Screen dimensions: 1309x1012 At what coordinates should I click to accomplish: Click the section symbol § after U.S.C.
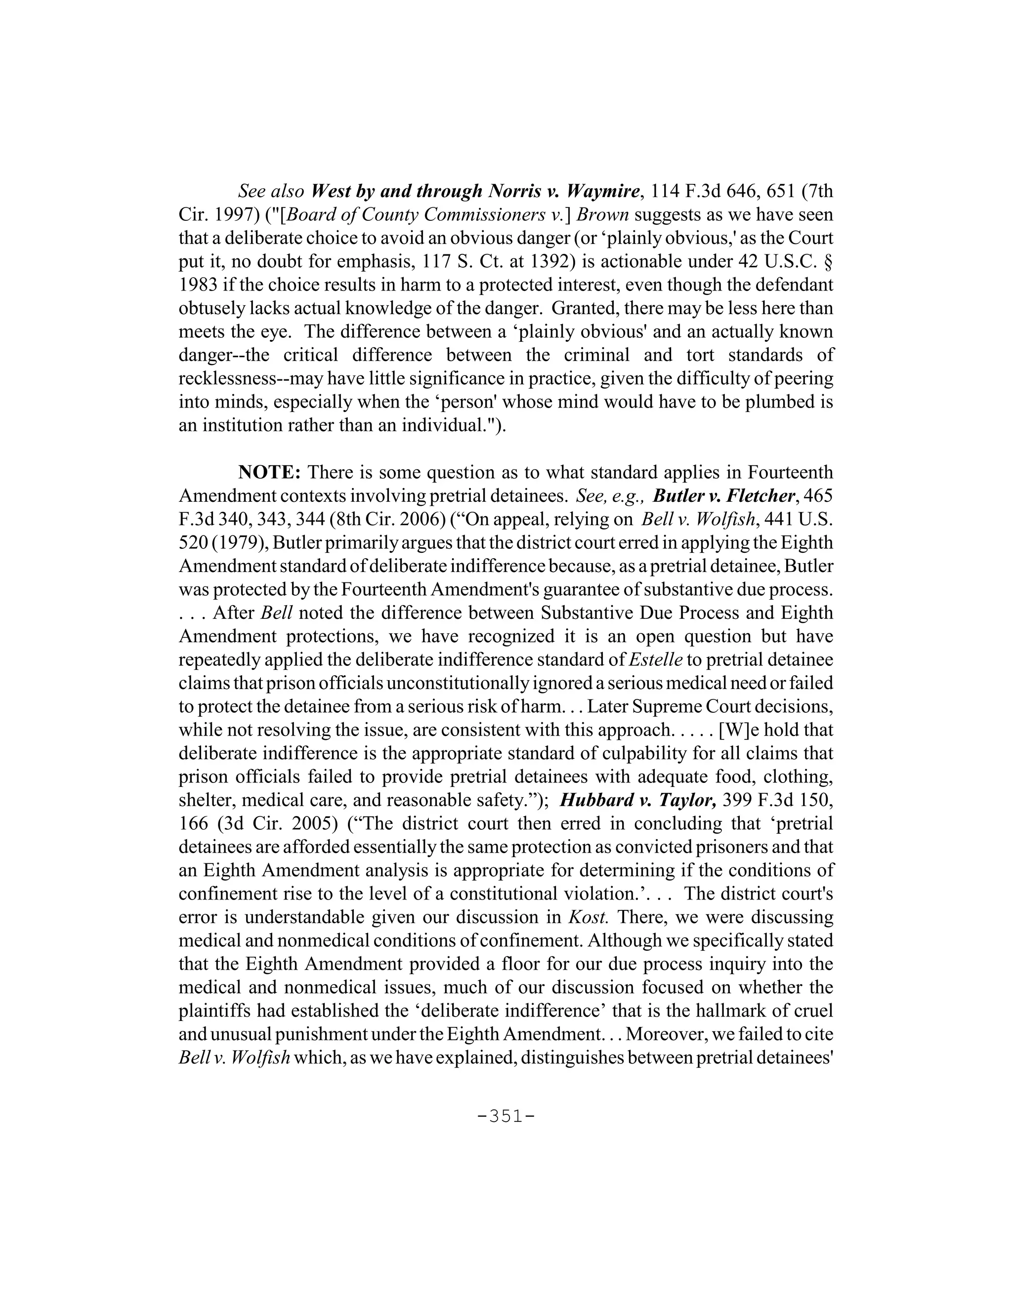[x=829, y=261]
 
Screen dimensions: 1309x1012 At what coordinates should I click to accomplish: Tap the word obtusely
[x=210, y=308]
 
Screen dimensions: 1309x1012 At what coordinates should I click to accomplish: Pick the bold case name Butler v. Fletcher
[x=724, y=495]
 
